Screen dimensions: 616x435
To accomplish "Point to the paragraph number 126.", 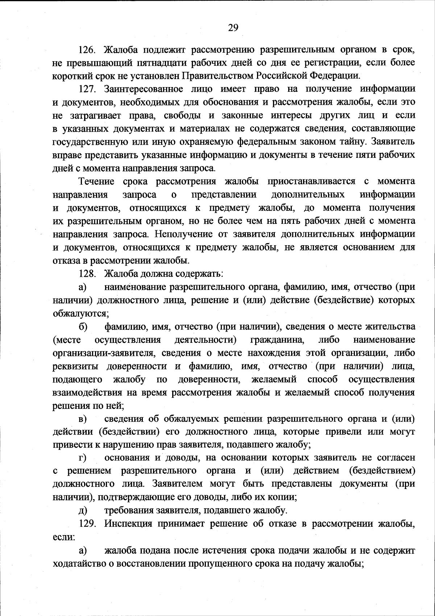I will pyautogui.click(x=87, y=49).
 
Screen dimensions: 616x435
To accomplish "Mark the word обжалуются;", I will pyautogui.click(x=80, y=313).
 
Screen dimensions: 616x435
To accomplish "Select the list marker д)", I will pyautogui.click(x=83, y=511).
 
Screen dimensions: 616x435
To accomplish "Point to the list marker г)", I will pyautogui.click(x=83, y=458).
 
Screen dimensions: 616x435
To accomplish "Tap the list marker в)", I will pyautogui.click(x=83, y=419).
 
